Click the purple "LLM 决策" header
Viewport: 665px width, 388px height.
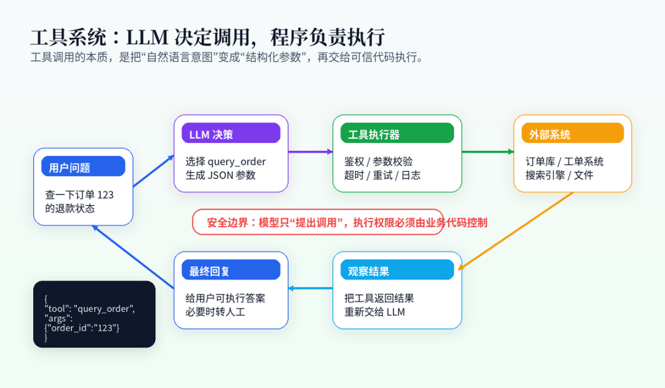pyautogui.click(x=231, y=133)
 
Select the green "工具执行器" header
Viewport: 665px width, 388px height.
pyautogui.click(x=397, y=133)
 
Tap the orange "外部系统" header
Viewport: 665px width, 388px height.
pyautogui.click(x=573, y=133)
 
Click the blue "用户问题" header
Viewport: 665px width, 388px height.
pyautogui.click(x=83, y=166)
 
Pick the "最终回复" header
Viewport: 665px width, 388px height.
pyautogui.click(x=231, y=270)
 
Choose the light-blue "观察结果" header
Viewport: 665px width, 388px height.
pyautogui.click(x=397, y=270)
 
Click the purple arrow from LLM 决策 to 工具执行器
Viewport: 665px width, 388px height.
pyautogui.click(x=310, y=152)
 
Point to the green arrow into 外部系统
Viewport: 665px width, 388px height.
pyautogui.click(x=488, y=152)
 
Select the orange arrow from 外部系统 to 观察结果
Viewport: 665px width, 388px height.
pyautogui.click(x=516, y=231)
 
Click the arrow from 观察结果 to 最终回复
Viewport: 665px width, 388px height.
pyautogui.click(x=310, y=288)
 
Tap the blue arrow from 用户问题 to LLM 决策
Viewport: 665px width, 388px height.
pyautogui.click(x=153, y=171)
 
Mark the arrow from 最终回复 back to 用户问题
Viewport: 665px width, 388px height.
pyautogui.click(x=133, y=257)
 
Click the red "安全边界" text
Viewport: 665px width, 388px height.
pyautogui.click(x=227, y=222)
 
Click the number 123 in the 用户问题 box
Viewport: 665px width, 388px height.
pyautogui.click(x=106, y=195)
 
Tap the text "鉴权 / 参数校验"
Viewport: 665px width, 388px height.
pyautogui.click(x=378, y=161)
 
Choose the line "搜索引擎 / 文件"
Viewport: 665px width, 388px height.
pyautogui.click(x=559, y=175)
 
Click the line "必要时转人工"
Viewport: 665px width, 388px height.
pyautogui.click(x=215, y=312)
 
